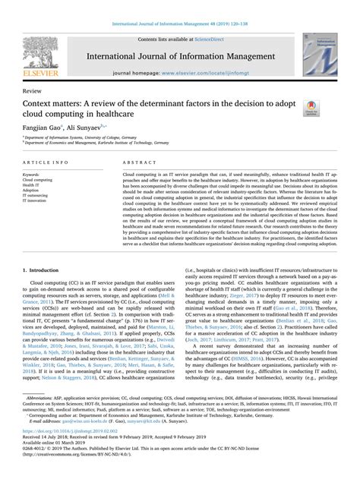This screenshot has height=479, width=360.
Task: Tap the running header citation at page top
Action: click(179, 6)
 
